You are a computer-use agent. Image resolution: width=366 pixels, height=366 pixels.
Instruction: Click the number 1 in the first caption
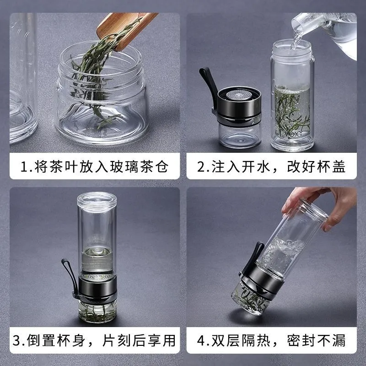click(x=24, y=167)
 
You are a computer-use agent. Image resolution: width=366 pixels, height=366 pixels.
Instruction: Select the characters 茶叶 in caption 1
click(x=64, y=167)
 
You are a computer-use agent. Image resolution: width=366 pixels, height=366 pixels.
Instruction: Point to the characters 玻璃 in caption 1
click(x=124, y=167)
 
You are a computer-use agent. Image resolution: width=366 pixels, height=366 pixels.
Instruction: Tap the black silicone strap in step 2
click(x=207, y=89)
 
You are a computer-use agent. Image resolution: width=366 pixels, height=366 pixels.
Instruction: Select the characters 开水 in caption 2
click(x=255, y=167)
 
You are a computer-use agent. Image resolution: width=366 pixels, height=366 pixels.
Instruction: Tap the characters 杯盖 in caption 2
click(x=331, y=167)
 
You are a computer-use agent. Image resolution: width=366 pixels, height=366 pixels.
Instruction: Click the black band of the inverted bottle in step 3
click(x=97, y=288)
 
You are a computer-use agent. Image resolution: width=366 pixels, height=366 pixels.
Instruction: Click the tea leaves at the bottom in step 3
click(x=97, y=313)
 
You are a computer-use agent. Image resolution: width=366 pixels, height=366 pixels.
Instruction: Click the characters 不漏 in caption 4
click(x=331, y=340)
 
